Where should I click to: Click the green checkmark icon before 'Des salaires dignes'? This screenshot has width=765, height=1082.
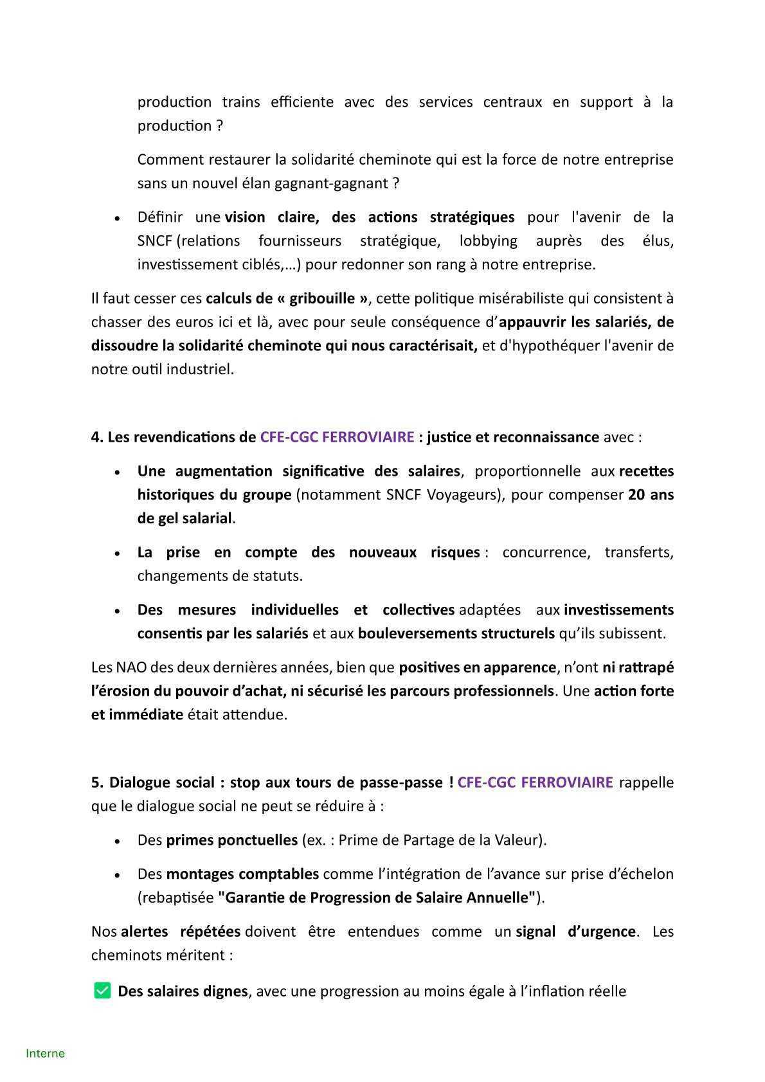tap(102, 991)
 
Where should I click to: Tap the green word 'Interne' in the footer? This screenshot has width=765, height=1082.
tap(45, 1053)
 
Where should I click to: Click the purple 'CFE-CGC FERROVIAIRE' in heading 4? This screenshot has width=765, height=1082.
tap(337, 437)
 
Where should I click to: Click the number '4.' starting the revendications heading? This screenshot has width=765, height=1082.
tap(97, 437)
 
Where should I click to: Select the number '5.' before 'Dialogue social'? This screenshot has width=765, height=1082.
tap(97, 782)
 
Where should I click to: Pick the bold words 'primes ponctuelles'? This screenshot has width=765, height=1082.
tap(232, 840)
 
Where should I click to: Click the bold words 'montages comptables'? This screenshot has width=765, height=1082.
tap(242, 874)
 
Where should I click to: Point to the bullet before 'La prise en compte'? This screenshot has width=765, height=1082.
tap(117, 554)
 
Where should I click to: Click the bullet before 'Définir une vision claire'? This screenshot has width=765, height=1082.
tap(117, 219)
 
